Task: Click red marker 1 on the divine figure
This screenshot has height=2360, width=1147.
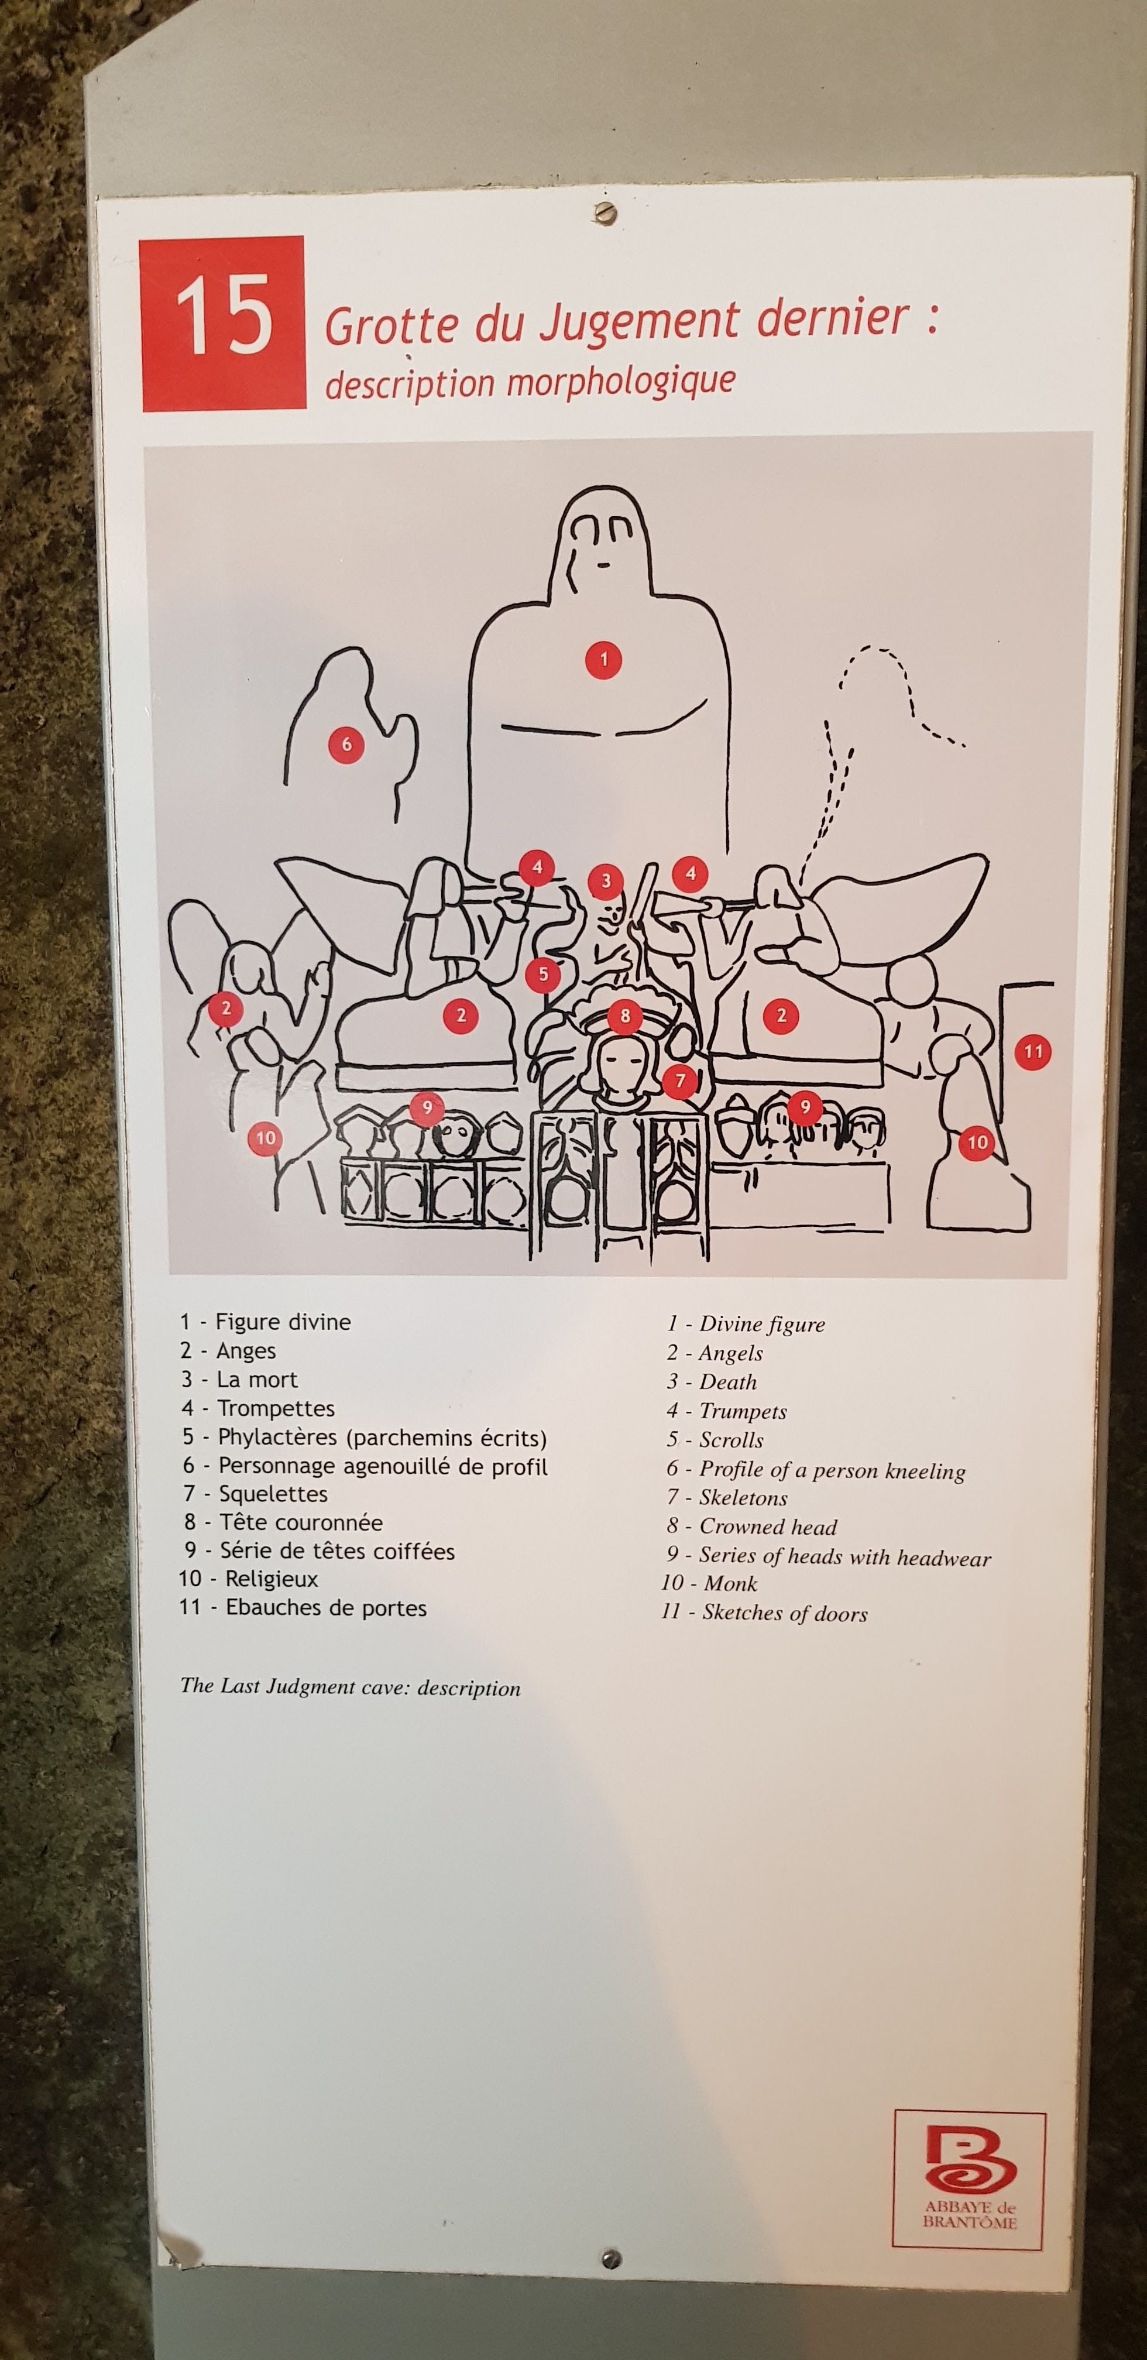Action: [603, 658]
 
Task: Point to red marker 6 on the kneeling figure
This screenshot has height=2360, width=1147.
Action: [346, 744]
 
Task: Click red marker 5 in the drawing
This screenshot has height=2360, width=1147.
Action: [543, 974]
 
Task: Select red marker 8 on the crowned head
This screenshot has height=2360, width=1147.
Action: [625, 1014]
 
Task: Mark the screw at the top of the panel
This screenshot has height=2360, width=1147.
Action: [604, 214]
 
